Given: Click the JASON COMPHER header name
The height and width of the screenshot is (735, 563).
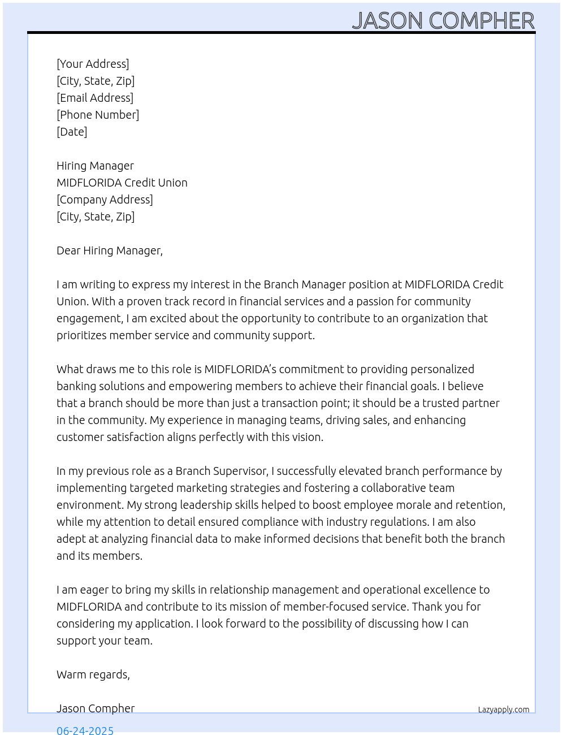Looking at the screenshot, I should (x=443, y=21).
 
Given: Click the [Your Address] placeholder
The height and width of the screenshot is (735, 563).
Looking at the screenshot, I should (x=93, y=64).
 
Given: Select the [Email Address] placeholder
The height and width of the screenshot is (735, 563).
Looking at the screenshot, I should (x=95, y=98).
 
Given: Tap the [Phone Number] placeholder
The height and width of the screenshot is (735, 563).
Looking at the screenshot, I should (x=98, y=115).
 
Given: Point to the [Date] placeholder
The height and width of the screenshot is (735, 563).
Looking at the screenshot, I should (x=72, y=132).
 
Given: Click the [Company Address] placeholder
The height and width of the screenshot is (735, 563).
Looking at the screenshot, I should (x=105, y=200).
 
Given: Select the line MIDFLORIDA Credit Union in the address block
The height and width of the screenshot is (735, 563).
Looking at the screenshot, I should (x=122, y=183).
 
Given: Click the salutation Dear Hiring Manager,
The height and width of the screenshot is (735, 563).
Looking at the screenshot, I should (x=110, y=250).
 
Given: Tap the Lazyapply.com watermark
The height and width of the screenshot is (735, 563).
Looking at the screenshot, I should (x=504, y=710).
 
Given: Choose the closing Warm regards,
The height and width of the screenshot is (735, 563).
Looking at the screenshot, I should (x=93, y=675).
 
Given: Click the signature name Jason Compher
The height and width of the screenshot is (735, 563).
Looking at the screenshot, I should (x=96, y=708).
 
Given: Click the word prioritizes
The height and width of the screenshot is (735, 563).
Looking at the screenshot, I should (x=81, y=335).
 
